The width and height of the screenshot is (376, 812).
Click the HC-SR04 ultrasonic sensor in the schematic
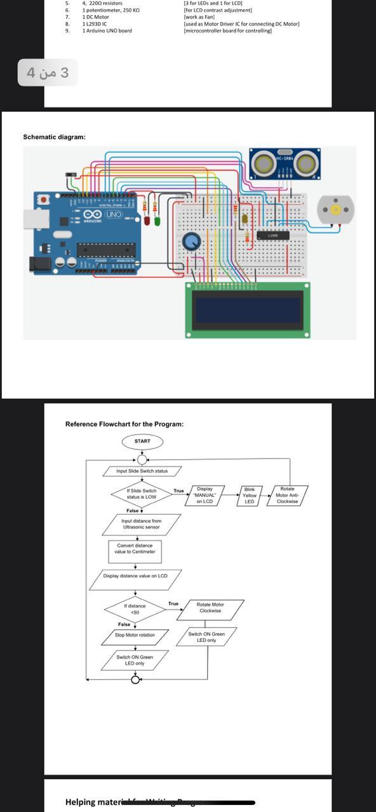tap(285, 164)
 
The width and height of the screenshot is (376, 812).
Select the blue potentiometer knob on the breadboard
tap(191, 241)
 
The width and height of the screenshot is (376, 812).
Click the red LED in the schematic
tap(147, 221)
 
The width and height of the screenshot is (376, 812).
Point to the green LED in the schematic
tap(157, 221)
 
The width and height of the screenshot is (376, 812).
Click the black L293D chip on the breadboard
tap(272, 236)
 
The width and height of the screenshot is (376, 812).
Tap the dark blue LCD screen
tap(248, 310)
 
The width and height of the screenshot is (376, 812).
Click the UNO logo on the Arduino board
tap(114, 214)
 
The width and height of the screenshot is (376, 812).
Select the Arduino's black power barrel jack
tap(40, 263)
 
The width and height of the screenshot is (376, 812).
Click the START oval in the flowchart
tap(142, 441)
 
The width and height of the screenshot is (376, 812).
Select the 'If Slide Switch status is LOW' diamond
tap(141, 494)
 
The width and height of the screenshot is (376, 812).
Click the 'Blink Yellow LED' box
tap(249, 495)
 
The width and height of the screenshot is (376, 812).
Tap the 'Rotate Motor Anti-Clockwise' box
tap(287, 495)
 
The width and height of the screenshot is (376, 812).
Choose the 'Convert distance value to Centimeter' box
tap(133, 548)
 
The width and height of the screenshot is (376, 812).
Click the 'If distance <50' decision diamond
tap(135, 609)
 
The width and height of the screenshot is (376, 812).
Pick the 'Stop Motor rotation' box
tap(134, 634)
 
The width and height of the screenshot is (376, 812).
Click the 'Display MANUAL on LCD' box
tap(205, 495)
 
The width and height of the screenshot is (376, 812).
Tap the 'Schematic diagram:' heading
tap(54, 137)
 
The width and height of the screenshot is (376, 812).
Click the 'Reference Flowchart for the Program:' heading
tap(124, 424)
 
